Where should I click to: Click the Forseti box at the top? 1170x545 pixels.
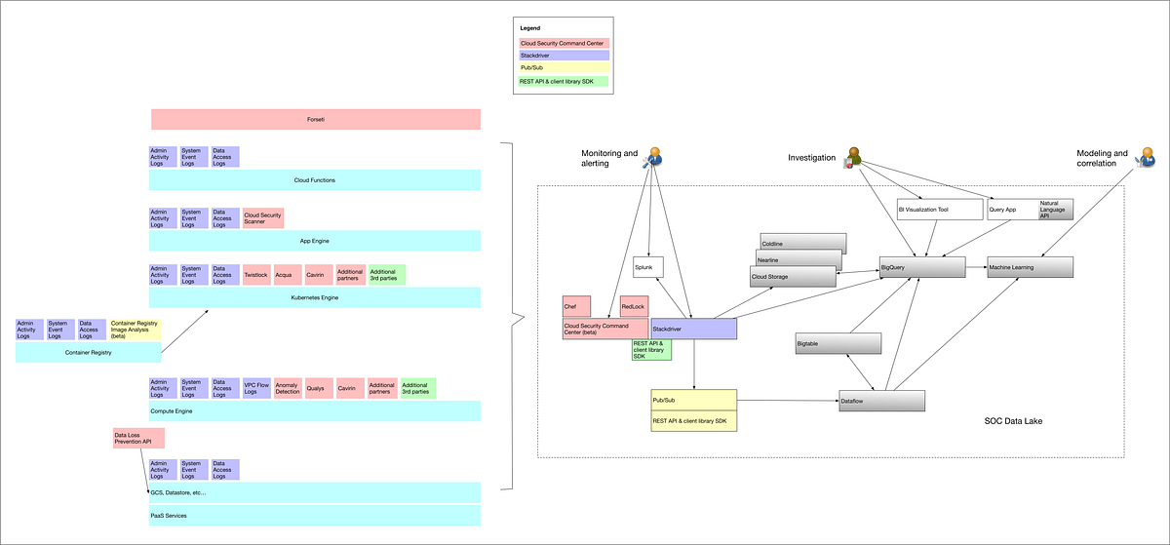(316, 119)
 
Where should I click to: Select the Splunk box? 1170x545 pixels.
(648, 267)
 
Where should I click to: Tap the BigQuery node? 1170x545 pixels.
(921, 266)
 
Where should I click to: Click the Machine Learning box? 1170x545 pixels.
(1030, 266)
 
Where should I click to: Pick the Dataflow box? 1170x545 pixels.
(881, 401)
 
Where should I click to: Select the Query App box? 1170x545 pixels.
(1012, 209)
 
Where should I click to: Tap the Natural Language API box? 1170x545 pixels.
(1055, 209)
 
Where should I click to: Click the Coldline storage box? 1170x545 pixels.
(802, 243)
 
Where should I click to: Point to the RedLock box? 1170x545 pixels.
(635, 307)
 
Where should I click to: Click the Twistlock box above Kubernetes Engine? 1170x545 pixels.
(256, 275)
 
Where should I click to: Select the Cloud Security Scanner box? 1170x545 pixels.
(263, 217)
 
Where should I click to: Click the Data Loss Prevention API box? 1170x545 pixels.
(137, 439)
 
